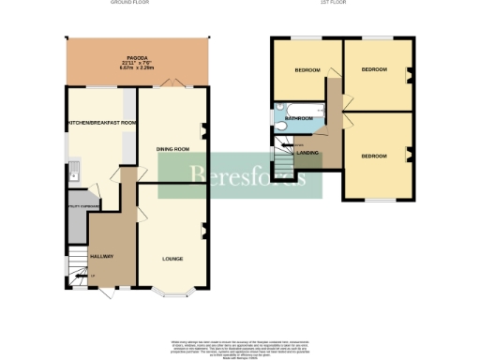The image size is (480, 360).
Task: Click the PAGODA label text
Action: [137, 57]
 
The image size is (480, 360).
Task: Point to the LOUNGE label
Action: [172, 258]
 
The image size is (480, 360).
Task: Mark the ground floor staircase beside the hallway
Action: [77, 271]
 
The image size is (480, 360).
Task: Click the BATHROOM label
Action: [299, 119]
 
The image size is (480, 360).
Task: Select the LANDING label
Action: [307, 152]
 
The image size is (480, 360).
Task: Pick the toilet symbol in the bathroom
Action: [281, 126]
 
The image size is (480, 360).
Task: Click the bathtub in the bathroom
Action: [296, 107]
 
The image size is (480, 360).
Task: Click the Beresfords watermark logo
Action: [239, 175]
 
